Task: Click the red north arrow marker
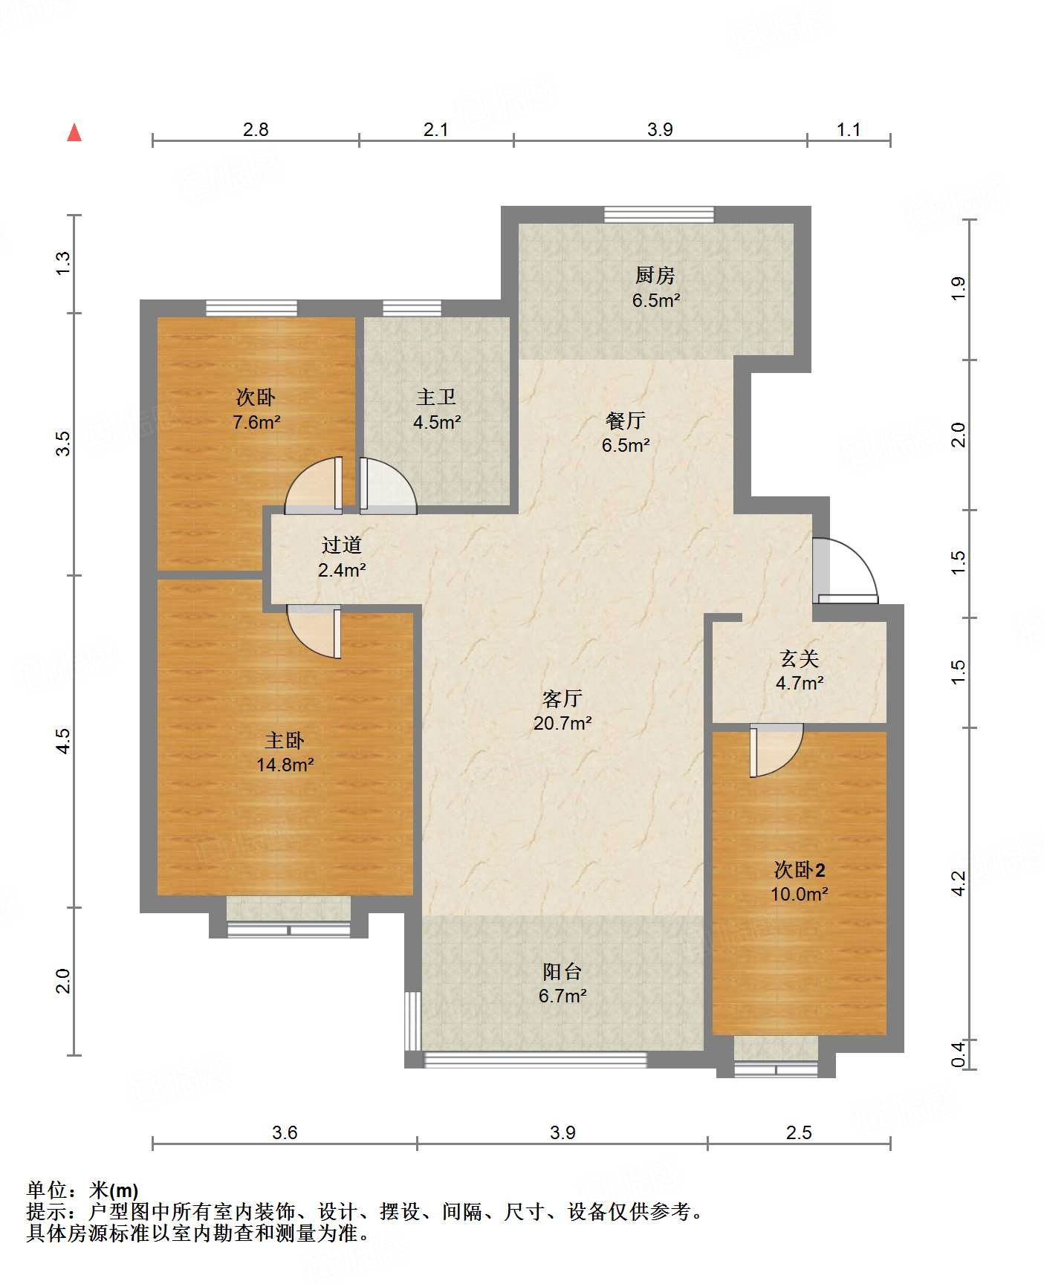click(74, 132)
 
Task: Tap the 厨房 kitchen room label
click(655, 276)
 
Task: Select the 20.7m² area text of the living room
click(562, 722)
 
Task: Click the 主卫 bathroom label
click(437, 398)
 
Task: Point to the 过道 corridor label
click(342, 545)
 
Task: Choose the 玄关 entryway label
click(800, 658)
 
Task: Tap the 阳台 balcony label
click(562, 972)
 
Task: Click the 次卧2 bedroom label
click(800, 869)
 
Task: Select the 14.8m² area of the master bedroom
click(285, 765)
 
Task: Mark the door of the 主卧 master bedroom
click(314, 632)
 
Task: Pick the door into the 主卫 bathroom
click(388, 485)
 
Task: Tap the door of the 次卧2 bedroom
click(776, 750)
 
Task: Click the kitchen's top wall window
click(659, 215)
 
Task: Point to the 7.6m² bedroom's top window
click(251, 308)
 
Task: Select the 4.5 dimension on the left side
click(64, 741)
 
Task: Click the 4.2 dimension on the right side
click(959, 883)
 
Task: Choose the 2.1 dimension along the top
click(436, 129)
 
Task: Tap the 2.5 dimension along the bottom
click(799, 1132)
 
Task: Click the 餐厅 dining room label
click(626, 421)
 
